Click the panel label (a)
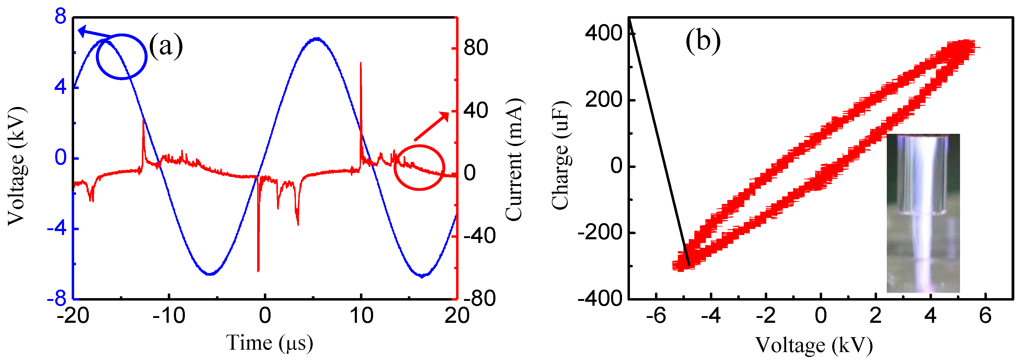click(x=166, y=46)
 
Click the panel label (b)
click(x=703, y=41)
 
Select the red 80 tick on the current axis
click(x=476, y=48)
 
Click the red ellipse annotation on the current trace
click(x=419, y=167)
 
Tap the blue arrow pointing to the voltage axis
click(x=94, y=34)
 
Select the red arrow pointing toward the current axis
click(x=432, y=126)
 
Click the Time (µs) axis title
click(x=269, y=343)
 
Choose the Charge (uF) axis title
click(x=561, y=155)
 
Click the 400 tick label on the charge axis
click(x=603, y=33)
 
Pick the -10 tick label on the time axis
click(x=169, y=316)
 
